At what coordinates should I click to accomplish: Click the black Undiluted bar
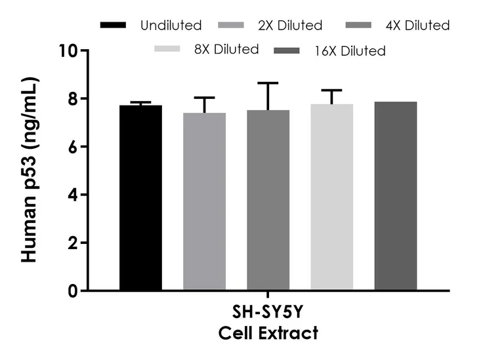pos(140,197)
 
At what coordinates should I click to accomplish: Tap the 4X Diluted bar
pos(268,200)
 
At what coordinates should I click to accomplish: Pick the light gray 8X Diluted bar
pos(332,197)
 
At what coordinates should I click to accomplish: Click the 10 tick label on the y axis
pos(68,51)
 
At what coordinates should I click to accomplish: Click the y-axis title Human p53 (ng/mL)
pos(30,170)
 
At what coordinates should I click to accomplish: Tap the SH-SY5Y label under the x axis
pos(268,313)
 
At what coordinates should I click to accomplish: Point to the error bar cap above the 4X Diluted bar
pos(268,83)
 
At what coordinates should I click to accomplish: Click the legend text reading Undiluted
pos(171,26)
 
